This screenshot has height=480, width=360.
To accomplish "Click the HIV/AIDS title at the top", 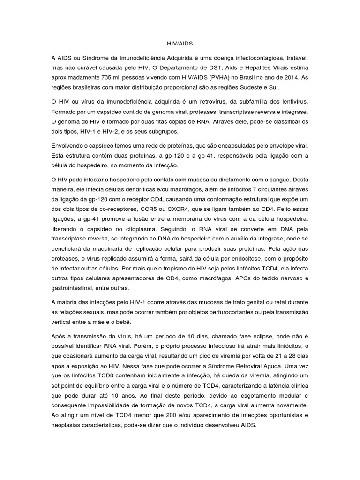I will point(180,43).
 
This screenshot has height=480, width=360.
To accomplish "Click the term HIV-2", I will point(102,132).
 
